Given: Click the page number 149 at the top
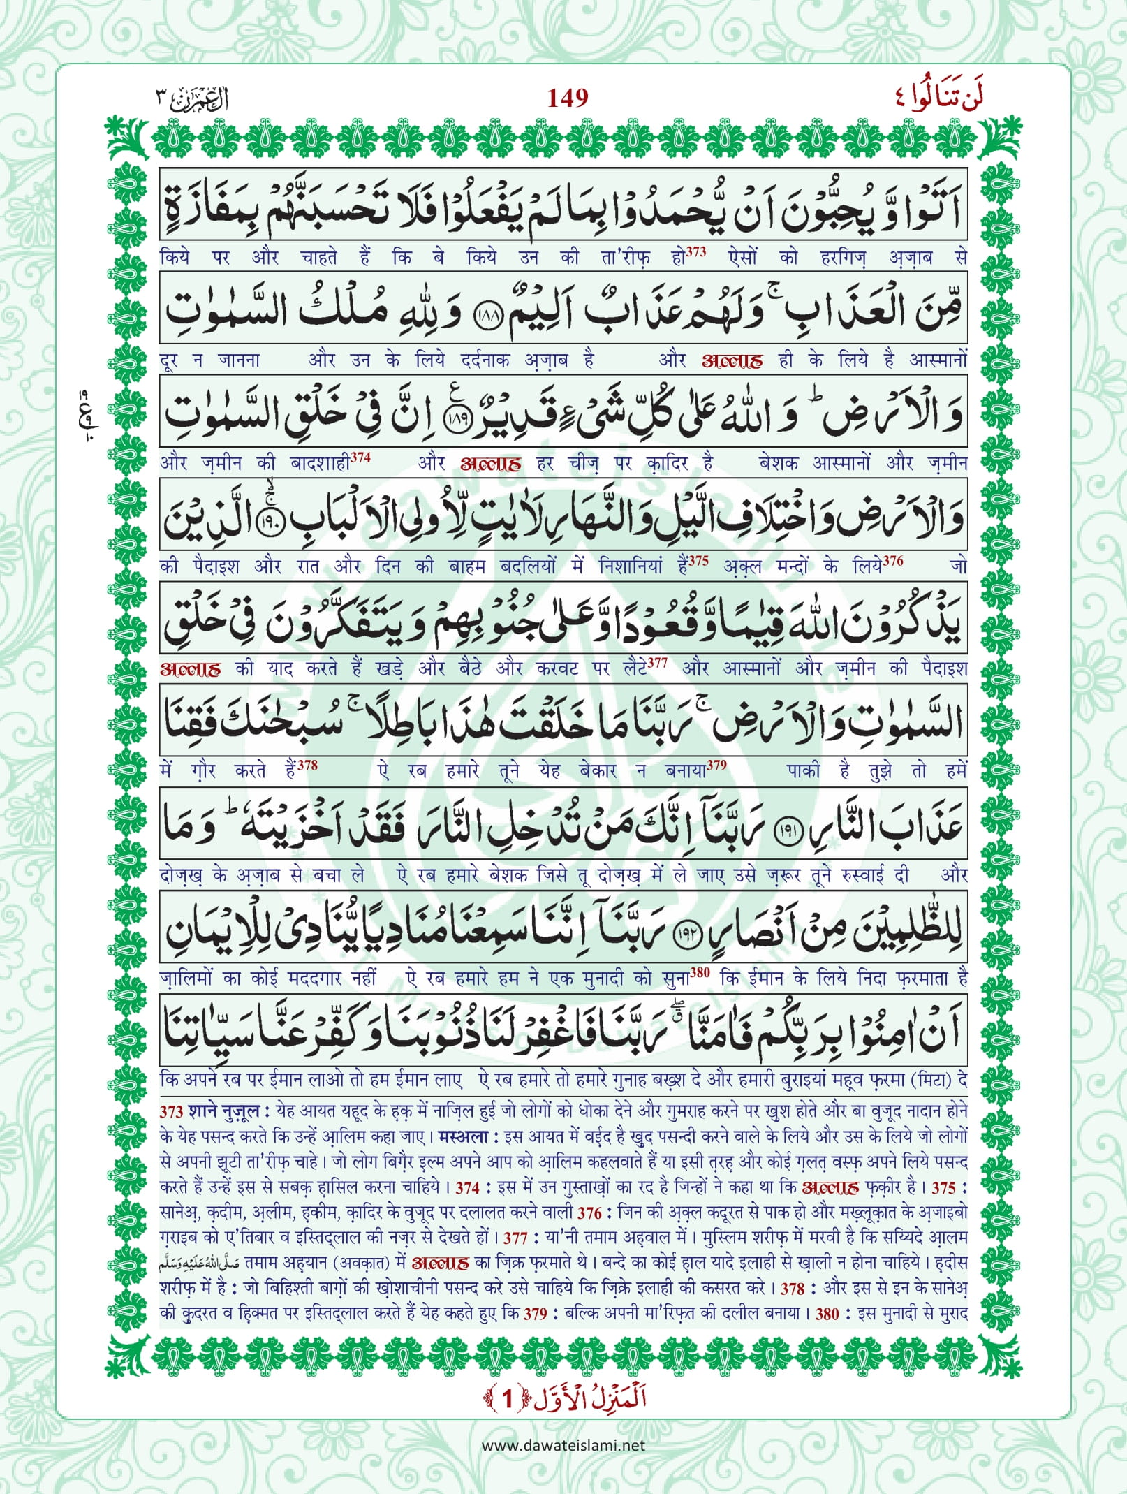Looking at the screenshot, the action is [x=567, y=98].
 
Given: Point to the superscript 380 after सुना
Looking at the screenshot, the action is [x=700, y=973].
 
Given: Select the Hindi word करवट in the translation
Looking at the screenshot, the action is [x=557, y=669].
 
